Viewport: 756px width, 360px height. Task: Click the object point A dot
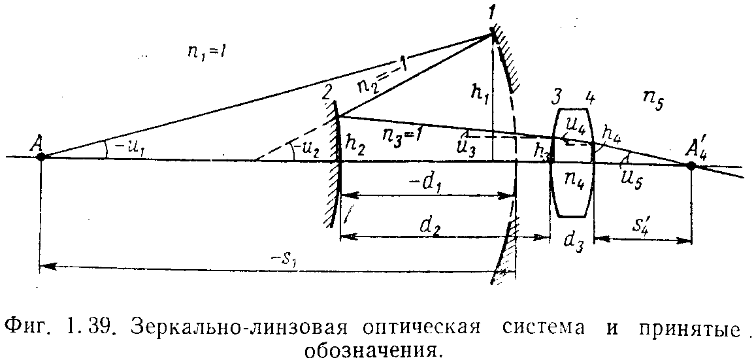coord(41,157)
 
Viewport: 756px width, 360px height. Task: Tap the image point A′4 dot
coord(691,166)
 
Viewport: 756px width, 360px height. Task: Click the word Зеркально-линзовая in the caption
coord(225,325)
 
